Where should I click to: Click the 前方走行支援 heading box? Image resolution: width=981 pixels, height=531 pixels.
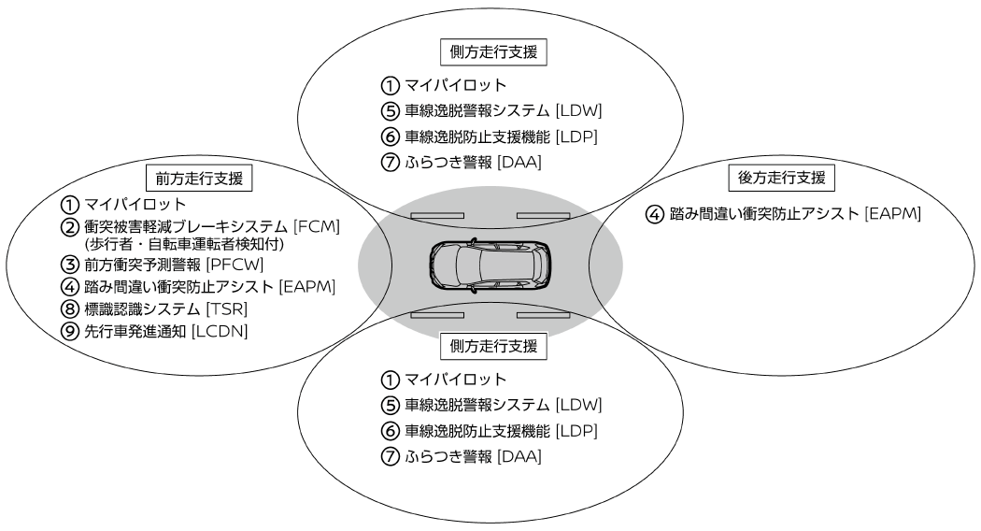pyautogui.click(x=199, y=179)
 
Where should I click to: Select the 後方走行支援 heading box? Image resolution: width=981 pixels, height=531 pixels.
pyautogui.click(x=781, y=178)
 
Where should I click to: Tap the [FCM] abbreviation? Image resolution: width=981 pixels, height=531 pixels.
pyautogui.click(x=317, y=226)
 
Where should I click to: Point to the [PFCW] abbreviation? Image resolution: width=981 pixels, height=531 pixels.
pyautogui.click(x=235, y=265)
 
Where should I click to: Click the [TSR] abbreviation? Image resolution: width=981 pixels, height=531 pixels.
pyautogui.click(x=226, y=309)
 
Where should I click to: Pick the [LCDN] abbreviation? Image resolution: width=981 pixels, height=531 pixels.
pyautogui.click(x=219, y=331)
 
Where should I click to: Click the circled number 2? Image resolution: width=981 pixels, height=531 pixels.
pyautogui.click(x=69, y=226)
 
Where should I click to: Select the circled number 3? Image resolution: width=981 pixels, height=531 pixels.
pyautogui.click(x=69, y=265)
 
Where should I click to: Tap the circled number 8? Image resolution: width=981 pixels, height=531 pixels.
pyautogui.click(x=69, y=309)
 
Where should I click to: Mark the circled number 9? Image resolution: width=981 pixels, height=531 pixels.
pyautogui.click(x=69, y=331)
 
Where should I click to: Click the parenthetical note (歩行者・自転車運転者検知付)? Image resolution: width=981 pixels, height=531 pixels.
pyautogui.click(x=184, y=244)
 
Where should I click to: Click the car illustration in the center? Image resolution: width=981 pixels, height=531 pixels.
pyautogui.click(x=490, y=265)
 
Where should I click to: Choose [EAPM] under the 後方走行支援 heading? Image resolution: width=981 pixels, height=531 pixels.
pyautogui.click(x=893, y=213)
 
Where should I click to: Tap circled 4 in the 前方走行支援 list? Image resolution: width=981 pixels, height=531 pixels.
pyautogui.click(x=69, y=287)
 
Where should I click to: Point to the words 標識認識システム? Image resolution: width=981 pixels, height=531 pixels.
pyautogui.click(x=142, y=309)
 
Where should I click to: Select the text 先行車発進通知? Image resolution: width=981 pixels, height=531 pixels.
pyautogui.click(x=135, y=331)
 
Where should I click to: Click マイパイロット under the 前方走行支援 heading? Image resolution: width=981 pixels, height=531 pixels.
pyautogui.click(x=135, y=204)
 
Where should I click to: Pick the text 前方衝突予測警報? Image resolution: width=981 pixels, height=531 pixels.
pyautogui.click(x=142, y=265)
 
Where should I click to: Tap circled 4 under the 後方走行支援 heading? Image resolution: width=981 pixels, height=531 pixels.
pyautogui.click(x=654, y=214)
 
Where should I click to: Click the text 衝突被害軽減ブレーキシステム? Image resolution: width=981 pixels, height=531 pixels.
pyautogui.click(x=186, y=226)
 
